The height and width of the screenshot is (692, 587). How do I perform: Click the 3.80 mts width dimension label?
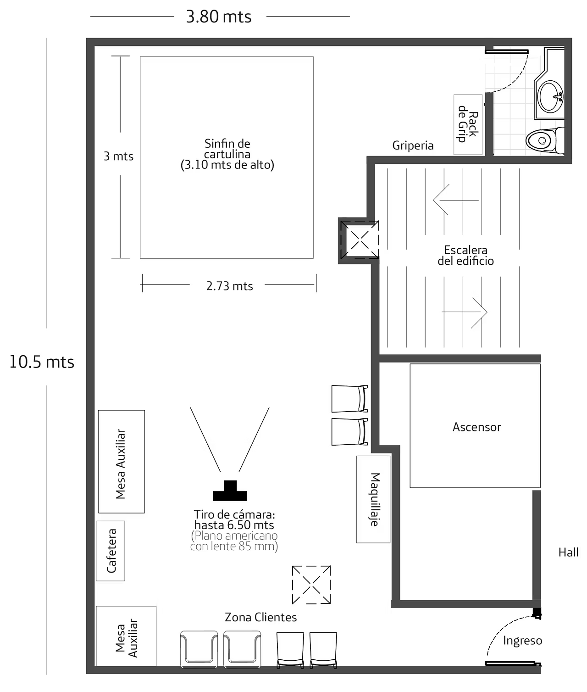[x=219, y=17]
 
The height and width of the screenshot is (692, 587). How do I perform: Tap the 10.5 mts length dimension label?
[x=42, y=362]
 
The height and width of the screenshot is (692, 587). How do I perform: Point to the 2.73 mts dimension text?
[x=230, y=286]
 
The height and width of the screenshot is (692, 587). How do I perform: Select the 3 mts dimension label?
[x=118, y=156]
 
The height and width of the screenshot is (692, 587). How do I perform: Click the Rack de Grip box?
[x=468, y=124]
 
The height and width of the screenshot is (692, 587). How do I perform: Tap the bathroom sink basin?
[x=550, y=97]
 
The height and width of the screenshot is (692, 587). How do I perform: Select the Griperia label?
[x=413, y=145]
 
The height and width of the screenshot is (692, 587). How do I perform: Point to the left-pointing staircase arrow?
[x=456, y=200]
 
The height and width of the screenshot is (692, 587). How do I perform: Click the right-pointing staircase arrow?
[x=465, y=312]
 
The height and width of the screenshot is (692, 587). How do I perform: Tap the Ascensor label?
[x=476, y=427]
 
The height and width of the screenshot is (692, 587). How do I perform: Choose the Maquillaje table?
[x=373, y=499]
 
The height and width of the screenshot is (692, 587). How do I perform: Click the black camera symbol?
[x=230, y=491]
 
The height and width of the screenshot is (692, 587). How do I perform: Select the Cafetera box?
[x=111, y=551]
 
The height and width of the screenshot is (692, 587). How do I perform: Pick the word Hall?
[x=568, y=552]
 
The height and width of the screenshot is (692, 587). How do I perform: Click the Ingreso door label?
[x=522, y=641]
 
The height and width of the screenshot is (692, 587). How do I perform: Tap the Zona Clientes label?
[x=260, y=617]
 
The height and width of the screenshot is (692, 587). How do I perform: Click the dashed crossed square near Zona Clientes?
[x=311, y=585]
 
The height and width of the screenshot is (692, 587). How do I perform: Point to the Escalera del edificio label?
[x=465, y=256]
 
